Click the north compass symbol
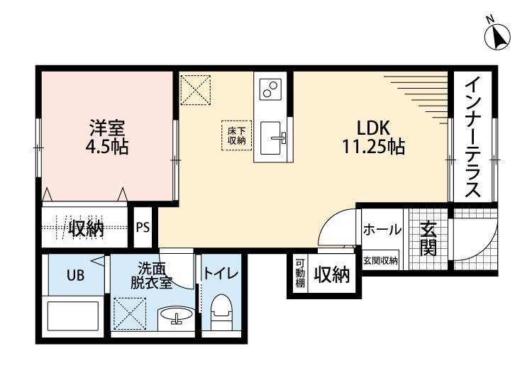pos(499,35)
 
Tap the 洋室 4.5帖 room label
pos(106,139)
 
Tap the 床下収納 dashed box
pos(236,135)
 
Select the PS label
pos(143,228)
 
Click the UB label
pos(76,276)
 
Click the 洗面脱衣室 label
pos(151,275)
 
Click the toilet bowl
pos(221,312)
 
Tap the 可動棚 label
pos(300,274)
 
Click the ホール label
pos(382,230)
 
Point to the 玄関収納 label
pos(381,261)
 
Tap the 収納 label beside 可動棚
pos(332,274)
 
